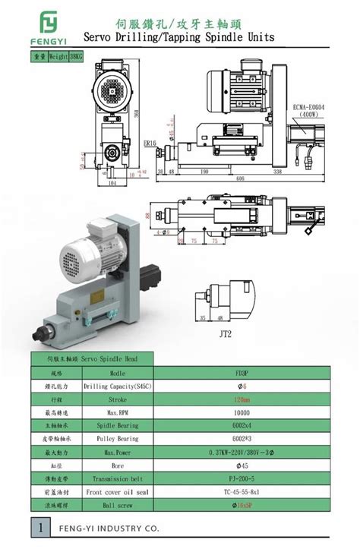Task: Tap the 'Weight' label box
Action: [x=60, y=56]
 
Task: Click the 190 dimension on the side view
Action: [x=203, y=172]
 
